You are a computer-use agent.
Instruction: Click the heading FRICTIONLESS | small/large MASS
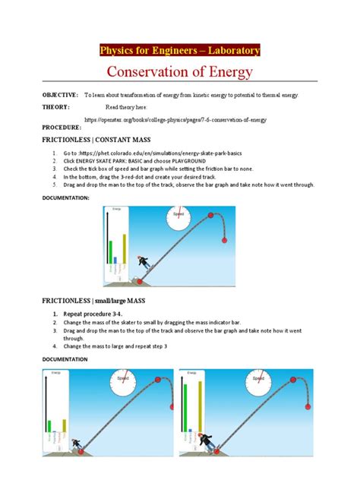[x=103, y=301]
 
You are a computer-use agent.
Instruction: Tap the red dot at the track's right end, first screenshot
[x=223, y=241]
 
